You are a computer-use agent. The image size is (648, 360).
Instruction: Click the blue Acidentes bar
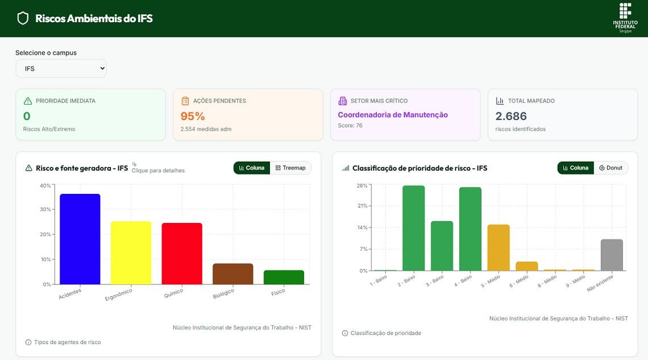click(x=80, y=239)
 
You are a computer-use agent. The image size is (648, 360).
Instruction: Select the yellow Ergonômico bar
click(x=131, y=253)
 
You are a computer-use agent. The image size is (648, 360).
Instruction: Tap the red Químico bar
click(x=182, y=254)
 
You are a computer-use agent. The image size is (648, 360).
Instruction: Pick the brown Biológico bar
click(x=232, y=274)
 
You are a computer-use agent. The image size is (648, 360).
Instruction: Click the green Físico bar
click(x=284, y=278)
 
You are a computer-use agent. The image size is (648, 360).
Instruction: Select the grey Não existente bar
click(x=612, y=255)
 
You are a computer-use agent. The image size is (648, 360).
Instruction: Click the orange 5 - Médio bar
click(x=499, y=247)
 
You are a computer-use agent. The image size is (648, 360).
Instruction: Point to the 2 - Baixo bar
click(x=413, y=228)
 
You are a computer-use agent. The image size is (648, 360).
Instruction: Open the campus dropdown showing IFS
click(x=61, y=68)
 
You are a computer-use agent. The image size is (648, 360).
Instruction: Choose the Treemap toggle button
click(x=290, y=168)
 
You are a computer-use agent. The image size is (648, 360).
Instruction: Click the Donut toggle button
click(x=611, y=168)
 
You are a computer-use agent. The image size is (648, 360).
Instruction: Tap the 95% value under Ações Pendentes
click(x=193, y=117)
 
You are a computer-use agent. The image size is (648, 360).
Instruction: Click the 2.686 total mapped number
click(x=511, y=117)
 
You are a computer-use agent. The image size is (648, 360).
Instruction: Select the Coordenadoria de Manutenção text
click(x=393, y=115)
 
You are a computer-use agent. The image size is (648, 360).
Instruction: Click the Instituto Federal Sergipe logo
click(x=625, y=18)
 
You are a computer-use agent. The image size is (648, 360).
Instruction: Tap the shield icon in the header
click(x=23, y=18)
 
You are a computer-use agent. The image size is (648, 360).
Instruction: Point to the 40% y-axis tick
click(x=45, y=185)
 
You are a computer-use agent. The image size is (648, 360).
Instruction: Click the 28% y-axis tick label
click(x=362, y=185)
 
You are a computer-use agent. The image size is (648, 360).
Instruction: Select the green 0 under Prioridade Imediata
click(x=27, y=117)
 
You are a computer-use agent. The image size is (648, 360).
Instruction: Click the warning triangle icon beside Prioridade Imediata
click(x=28, y=101)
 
